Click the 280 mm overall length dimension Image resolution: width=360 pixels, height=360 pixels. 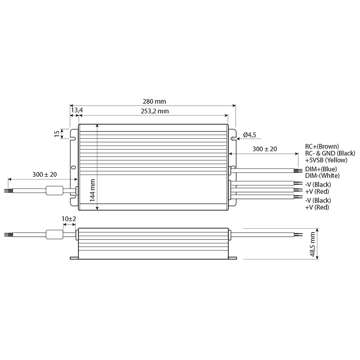(x=154, y=101)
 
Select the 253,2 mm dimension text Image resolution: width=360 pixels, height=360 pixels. (x=155, y=111)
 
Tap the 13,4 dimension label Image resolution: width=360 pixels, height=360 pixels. (x=76, y=110)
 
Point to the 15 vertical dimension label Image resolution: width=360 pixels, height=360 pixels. (x=57, y=133)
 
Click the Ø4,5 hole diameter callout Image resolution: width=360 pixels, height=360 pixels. (x=249, y=135)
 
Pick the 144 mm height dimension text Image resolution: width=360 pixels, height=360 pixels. (x=93, y=190)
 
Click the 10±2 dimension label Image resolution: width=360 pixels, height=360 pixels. (x=69, y=219)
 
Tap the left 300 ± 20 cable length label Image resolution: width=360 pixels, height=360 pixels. (x=45, y=175)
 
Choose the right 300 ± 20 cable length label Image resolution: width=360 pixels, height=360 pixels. (x=265, y=149)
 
